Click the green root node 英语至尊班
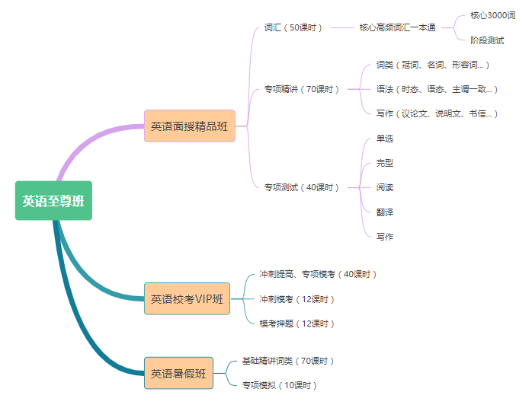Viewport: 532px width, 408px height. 53,201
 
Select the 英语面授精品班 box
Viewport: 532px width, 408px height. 189,126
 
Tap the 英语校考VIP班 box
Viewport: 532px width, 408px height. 187,299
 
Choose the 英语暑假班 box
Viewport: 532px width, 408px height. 178,374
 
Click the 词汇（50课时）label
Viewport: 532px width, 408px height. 293,27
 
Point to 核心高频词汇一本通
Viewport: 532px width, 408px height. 397,27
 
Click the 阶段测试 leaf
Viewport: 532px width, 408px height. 487,40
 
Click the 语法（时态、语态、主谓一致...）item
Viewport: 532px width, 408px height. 437,89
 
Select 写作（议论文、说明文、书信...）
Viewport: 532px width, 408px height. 437,113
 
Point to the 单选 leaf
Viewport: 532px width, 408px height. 385,139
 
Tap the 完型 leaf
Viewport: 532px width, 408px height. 385,163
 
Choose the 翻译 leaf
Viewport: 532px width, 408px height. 385,212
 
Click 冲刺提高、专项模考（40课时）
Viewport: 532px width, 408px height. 318,274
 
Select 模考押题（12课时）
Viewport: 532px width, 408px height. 297,324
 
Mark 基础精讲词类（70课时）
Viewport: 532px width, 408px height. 288,361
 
